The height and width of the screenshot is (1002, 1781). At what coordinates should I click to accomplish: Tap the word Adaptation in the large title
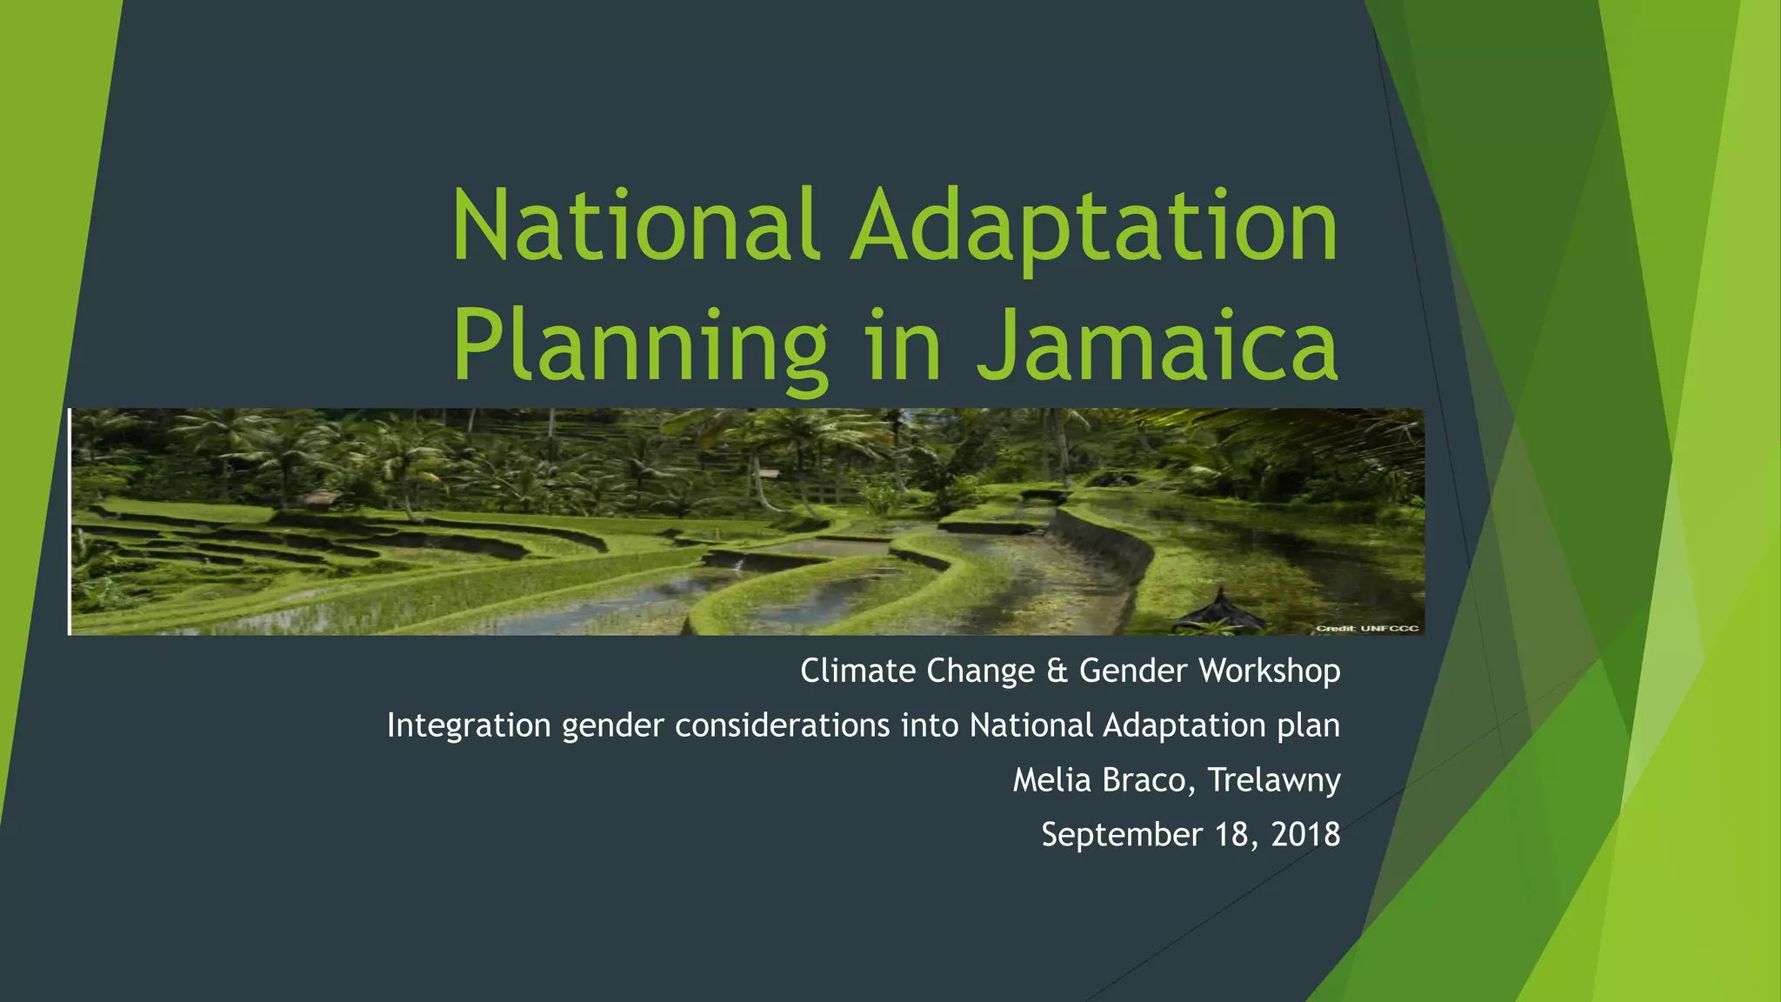[x=1095, y=228]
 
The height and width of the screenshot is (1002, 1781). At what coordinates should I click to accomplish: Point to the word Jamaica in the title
[x=1157, y=346]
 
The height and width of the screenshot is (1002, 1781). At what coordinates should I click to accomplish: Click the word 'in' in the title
[x=904, y=346]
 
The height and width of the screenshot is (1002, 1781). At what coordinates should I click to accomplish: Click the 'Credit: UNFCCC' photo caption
[x=1367, y=628]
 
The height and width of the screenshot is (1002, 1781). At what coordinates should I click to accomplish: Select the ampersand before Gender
[x=1057, y=671]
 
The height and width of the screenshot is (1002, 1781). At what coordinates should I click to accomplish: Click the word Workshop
[x=1270, y=671]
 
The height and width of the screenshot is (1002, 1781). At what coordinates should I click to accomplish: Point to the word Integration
[x=469, y=725]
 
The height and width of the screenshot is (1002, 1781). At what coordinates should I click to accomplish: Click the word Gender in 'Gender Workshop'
[x=1133, y=671]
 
